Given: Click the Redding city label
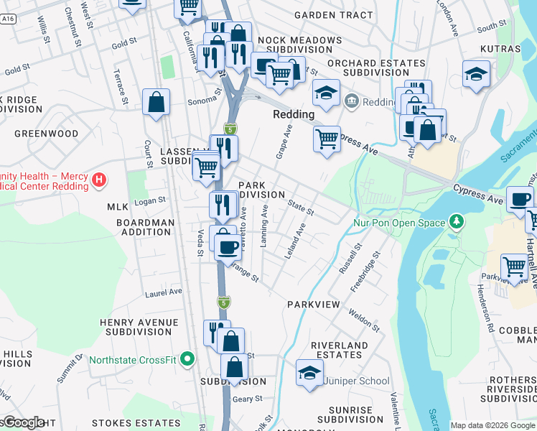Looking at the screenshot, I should pos(294,114).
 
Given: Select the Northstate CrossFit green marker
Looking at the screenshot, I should pos(188,358).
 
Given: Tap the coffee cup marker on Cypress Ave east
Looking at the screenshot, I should pos(520,199).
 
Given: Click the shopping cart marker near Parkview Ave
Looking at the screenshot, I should pos(515,267).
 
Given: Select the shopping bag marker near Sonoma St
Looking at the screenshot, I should pos(156,102).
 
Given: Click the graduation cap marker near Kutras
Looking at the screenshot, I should pos(476,74).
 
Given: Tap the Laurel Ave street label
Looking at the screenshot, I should pos(164,292).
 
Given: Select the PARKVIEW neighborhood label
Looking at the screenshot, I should pos(313,305).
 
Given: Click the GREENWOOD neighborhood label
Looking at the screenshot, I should pos(47,134).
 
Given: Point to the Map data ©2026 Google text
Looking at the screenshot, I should pos(492,425).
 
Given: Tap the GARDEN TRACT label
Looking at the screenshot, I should pos(333,15).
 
